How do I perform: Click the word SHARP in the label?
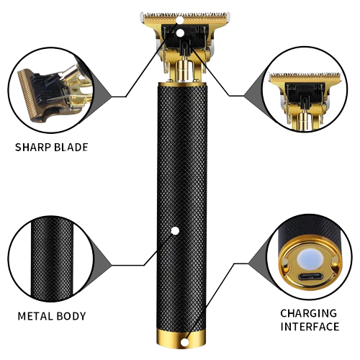pyautogui.click(x=33, y=147)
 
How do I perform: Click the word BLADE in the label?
pyautogui.click(x=71, y=147)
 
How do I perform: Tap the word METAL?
pyautogui.click(x=35, y=316)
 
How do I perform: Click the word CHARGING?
pyautogui.click(x=309, y=313)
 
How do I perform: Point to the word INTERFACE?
pyautogui.click(x=310, y=327)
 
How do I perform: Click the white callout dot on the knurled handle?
pyautogui.click(x=175, y=231)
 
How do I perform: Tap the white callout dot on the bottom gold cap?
pyautogui.click(x=184, y=343)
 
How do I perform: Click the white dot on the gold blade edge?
pyautogui.click(x=179, y=20)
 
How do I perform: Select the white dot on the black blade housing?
pyautogui.click(x=181, y=33)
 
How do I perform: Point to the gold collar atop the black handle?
pyautogui.click(x=182, y=84)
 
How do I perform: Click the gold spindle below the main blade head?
pyautogui.click(x=184, y=71)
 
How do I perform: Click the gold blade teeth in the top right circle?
pyautogui.click(x=305, y=76)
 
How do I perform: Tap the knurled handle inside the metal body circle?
pyautogui.click(x=52, y=258)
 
